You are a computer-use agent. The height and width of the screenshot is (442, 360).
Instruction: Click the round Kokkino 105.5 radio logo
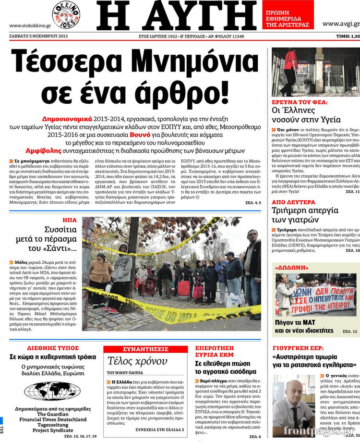pos(66,14)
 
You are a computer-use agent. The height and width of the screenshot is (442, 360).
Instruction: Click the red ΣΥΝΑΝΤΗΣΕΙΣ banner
pos(145,349)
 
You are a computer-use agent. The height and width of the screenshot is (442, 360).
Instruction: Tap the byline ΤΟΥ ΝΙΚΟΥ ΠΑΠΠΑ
pos(125,372)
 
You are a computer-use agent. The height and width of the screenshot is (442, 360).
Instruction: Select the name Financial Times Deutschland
pos(52,419)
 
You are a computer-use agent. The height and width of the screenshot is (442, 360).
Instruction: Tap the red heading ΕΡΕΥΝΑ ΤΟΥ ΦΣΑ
pos(300,102)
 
